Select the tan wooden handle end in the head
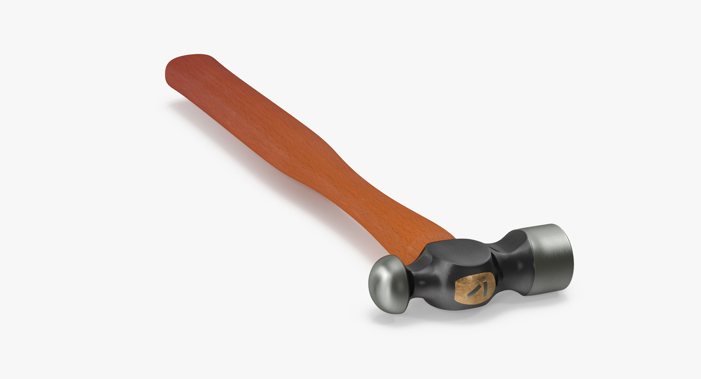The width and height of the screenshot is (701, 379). (474, 288)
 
